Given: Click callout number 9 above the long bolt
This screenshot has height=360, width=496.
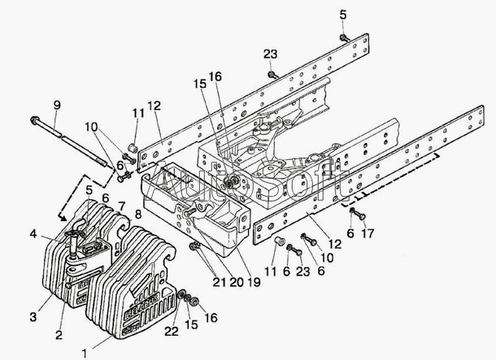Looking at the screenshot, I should click(x=56, y=104).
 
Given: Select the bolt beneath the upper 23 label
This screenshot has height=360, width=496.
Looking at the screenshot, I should click(x=272, y=75).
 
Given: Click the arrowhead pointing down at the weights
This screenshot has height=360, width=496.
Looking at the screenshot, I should click(x=62, y=218).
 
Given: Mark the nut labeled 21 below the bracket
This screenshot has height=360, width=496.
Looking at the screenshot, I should click(x=194, y=247).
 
